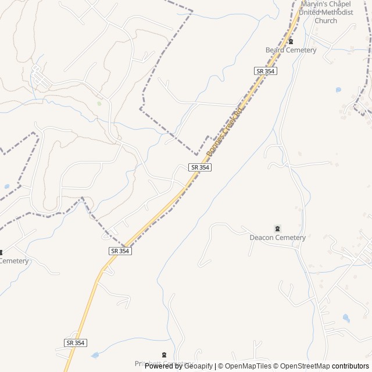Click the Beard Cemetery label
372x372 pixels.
click(291, 50)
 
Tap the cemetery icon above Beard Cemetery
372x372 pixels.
click(291, 41)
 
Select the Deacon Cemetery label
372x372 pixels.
click(277, 237)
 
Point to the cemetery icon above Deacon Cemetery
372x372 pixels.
click(277, 228)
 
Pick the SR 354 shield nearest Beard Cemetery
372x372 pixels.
click(266, 71)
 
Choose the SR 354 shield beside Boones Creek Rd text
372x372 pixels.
click(199, 167)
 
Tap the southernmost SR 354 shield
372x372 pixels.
click(75, 343)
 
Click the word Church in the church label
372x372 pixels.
click(325, 21)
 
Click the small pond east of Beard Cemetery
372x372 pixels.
click(338, 90)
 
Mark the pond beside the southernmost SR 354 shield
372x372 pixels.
click(95, 355)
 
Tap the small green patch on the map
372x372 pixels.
click(99, 103)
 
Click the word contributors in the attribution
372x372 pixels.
click(350, 366)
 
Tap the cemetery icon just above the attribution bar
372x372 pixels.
click(164, 354)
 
